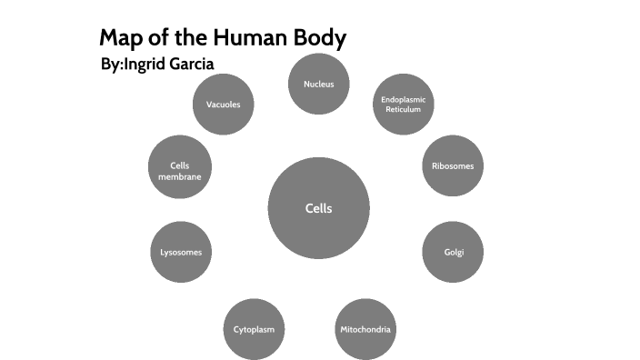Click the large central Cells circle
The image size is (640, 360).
tap(318, 208)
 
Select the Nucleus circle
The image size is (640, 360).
tap(318, 85)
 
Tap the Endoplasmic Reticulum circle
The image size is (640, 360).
tap(403, 105)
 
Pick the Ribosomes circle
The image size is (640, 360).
tap(453, 165)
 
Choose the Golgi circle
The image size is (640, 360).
tap(453, 252)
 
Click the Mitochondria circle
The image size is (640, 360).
tap(365, 328)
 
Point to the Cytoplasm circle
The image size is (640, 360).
tap(254, 328)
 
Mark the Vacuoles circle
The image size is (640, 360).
tap(223, 105)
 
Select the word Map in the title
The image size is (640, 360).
tap(118, 38)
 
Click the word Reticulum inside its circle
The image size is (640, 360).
tap(403, 109)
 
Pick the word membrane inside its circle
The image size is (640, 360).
tap(179, 176)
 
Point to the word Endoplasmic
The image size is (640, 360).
tap(403, 99)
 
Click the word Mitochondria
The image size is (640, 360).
tap(365, 328)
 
